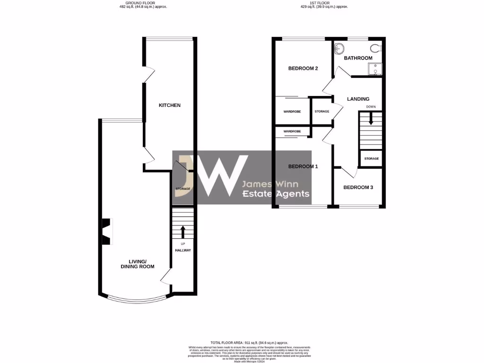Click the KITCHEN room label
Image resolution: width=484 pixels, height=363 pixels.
pos(169,105)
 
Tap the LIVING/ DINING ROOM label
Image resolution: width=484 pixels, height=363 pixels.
pos(142,264)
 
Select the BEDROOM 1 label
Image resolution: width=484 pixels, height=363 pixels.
pos(303,166)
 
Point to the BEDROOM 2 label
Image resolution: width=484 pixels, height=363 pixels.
pos(303,69)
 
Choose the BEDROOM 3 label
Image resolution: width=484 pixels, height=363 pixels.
pos(358,188)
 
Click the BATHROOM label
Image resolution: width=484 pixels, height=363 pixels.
pos(358,58)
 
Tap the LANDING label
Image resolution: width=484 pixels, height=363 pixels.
pos(358,99)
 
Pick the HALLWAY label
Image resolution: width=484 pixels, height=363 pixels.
pos(182,250)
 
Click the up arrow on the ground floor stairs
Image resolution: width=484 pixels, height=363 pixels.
pos(182,232)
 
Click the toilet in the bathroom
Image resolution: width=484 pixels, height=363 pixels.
pos(376,47)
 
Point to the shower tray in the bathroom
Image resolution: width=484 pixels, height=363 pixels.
pos(375,69)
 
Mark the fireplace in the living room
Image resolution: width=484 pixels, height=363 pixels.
pos(107,231)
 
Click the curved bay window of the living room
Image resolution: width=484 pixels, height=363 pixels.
pos(137,300)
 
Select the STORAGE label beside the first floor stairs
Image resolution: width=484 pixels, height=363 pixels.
pos(372,159)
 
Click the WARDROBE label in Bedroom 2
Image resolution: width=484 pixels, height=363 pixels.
pos(292,112)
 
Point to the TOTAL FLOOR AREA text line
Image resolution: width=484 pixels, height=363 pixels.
pos(249,342)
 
